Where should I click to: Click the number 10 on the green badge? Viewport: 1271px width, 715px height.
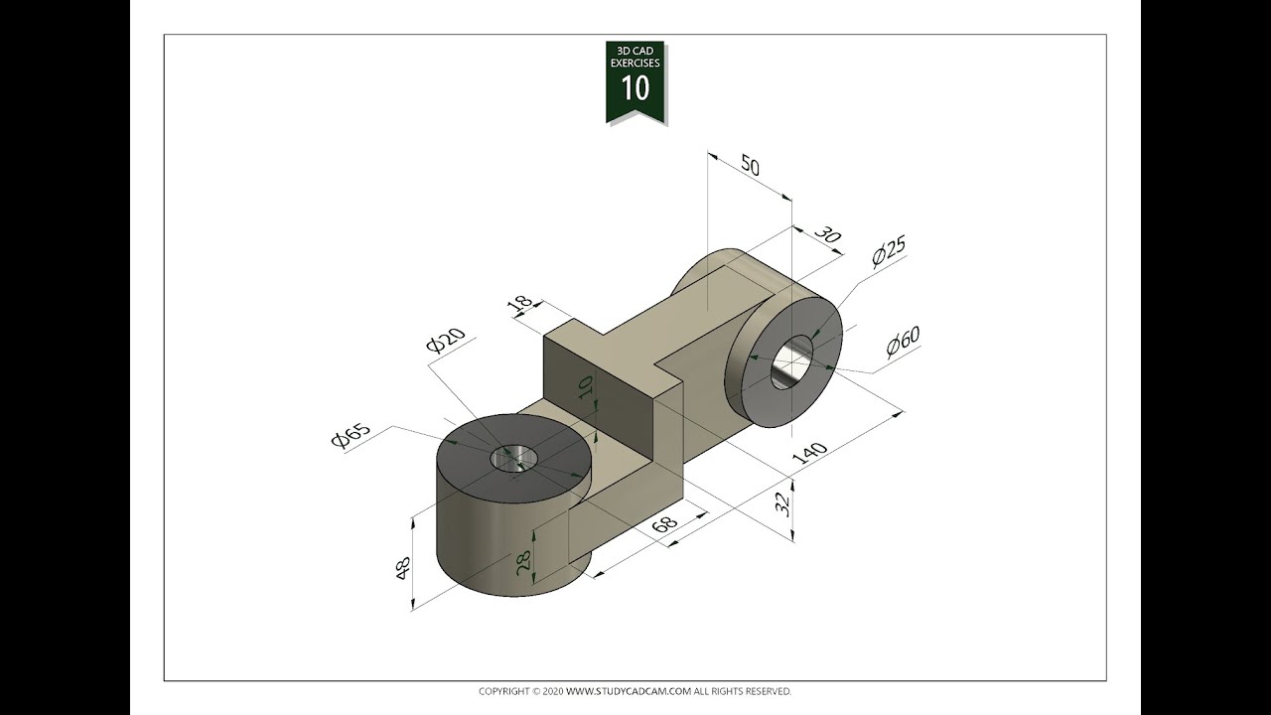pos(635,88)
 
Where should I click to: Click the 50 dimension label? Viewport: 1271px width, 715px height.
pos(750,166)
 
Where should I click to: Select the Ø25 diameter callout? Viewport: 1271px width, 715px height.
pos(889,252)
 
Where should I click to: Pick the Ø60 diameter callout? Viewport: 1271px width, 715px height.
pos(904,341)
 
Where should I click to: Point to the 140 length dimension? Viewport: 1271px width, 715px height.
pos(809,452)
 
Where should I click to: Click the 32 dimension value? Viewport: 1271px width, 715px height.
pos(783,504)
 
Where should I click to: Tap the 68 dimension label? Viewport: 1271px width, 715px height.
pos(664,523)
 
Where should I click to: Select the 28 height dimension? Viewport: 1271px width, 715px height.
pos(523,565)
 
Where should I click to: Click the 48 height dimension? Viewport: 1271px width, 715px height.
pos(404,569)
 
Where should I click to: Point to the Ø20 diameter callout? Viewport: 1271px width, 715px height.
pos(445,340)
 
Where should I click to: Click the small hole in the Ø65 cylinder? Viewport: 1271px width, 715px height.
pos(513,458)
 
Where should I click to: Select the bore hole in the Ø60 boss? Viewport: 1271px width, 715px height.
pos(792,361)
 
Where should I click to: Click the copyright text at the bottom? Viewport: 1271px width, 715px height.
pos(635,691)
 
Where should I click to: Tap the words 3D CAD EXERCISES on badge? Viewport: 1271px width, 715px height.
pos(635,57)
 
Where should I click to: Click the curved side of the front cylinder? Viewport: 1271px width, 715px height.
pos(487,546)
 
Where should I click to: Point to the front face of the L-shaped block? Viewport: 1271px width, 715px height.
pos(596,397)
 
